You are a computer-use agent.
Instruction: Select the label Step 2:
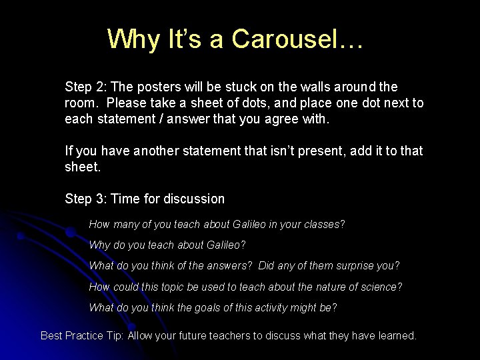tap(86, 87)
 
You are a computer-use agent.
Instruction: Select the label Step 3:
tap(86, 199)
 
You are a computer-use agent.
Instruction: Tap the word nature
tap(317, 287)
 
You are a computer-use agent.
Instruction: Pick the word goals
tap(211, 308)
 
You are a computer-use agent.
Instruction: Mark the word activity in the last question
tap(271, 308)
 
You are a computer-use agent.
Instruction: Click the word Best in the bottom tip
tap(52, 336)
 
